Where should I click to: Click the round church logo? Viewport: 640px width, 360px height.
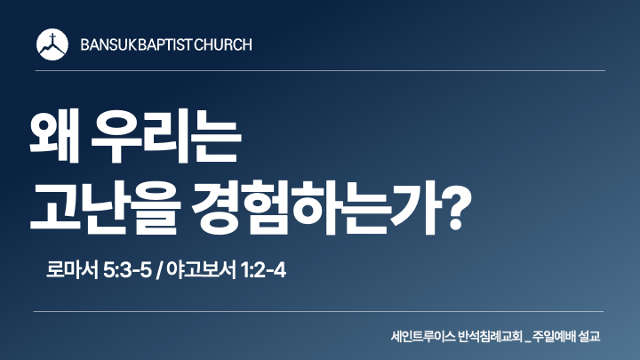pos(52,44)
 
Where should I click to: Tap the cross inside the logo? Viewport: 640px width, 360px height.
pos(52,40)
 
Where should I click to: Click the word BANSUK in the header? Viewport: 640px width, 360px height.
pos(108,44)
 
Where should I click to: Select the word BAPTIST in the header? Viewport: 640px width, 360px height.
pos(164,44)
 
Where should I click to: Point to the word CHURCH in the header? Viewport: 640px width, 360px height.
pos(223,44)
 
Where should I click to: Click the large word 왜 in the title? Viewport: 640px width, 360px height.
pos(54,135)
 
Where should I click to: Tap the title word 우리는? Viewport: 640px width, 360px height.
pos(166,135)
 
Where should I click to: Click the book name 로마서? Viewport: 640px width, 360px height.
pos(72,270)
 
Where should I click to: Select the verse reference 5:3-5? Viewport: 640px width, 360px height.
pos(127,270)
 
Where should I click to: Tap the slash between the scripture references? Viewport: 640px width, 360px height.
pos(159,270)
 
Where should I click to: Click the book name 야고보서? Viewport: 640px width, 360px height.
pos(201,270)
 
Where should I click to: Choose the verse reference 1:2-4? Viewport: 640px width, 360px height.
pos(263,270)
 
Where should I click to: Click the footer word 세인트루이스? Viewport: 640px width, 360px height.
pos(423,337)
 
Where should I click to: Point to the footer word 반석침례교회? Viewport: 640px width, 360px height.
pos(490,337)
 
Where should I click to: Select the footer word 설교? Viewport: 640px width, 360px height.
pos(589,337)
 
